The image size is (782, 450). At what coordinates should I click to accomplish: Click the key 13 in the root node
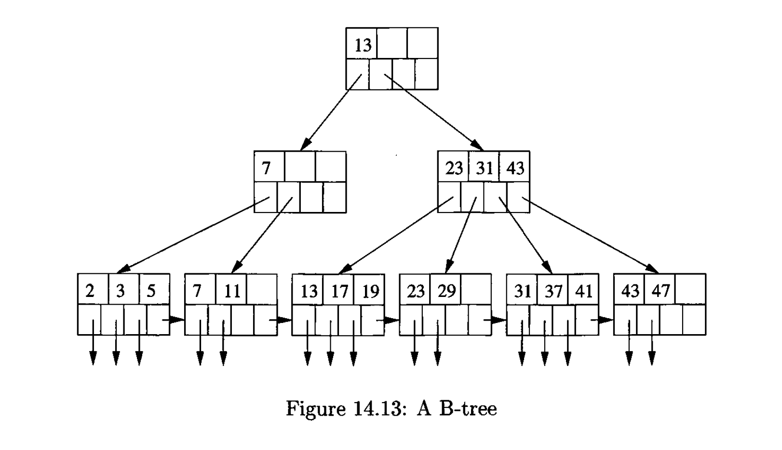(x=363, y=45)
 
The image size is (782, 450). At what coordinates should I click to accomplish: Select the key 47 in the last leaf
(x=661, y=291)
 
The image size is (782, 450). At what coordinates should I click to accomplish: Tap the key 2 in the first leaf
(x=90, y=291)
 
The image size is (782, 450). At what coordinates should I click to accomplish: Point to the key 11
(x=232, y=291)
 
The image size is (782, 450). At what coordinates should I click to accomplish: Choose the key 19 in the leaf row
(x=370, y=291)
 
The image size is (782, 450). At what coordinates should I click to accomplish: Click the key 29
(x=446, y=291)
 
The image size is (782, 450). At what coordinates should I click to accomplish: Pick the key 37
(x=553, y=291)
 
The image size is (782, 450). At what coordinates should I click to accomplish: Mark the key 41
(x=584, y=291)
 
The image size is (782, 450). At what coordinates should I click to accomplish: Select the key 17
(x=339, y=291)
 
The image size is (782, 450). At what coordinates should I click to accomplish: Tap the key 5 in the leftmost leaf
(x=151, y=291)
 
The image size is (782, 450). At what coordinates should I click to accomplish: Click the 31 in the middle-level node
(x=485, y=168)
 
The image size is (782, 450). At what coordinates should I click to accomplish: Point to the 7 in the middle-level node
(x=266, y=168)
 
